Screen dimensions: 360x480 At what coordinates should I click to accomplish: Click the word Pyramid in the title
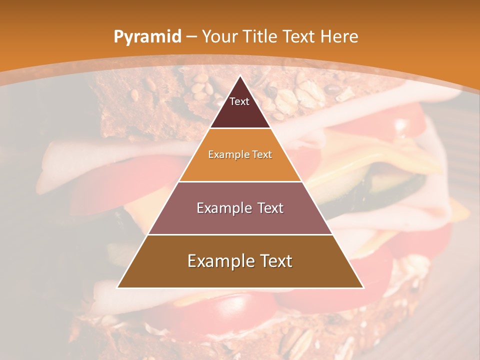(147, 37)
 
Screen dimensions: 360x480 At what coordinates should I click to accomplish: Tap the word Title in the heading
(260, 36)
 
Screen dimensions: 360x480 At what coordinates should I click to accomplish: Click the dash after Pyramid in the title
(191, 37)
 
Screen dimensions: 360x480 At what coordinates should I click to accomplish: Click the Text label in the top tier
(239, 101)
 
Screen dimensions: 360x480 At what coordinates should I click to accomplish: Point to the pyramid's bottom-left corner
(117, 287)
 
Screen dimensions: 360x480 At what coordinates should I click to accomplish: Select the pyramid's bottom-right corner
(363, 287)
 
